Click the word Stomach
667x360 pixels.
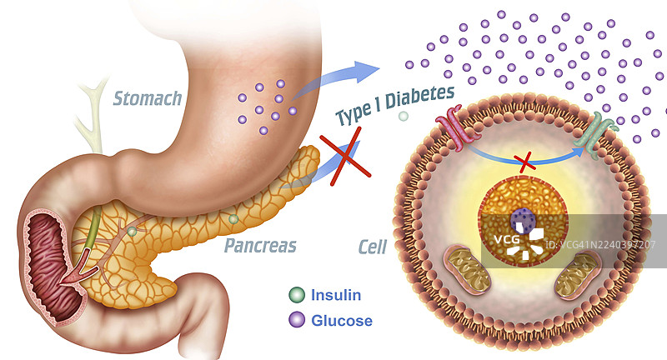point(148,99)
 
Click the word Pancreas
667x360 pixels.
point(260,246)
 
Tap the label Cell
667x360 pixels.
point(372,247)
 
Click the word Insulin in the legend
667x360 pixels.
point(336,294)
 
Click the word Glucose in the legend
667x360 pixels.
point(341,320)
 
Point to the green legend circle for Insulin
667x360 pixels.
point(297,295)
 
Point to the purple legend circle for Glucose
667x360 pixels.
point(297,320)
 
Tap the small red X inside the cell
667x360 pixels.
point(525,163)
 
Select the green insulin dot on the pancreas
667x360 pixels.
point(233,220)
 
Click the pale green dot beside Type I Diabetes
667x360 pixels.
point(404,117)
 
